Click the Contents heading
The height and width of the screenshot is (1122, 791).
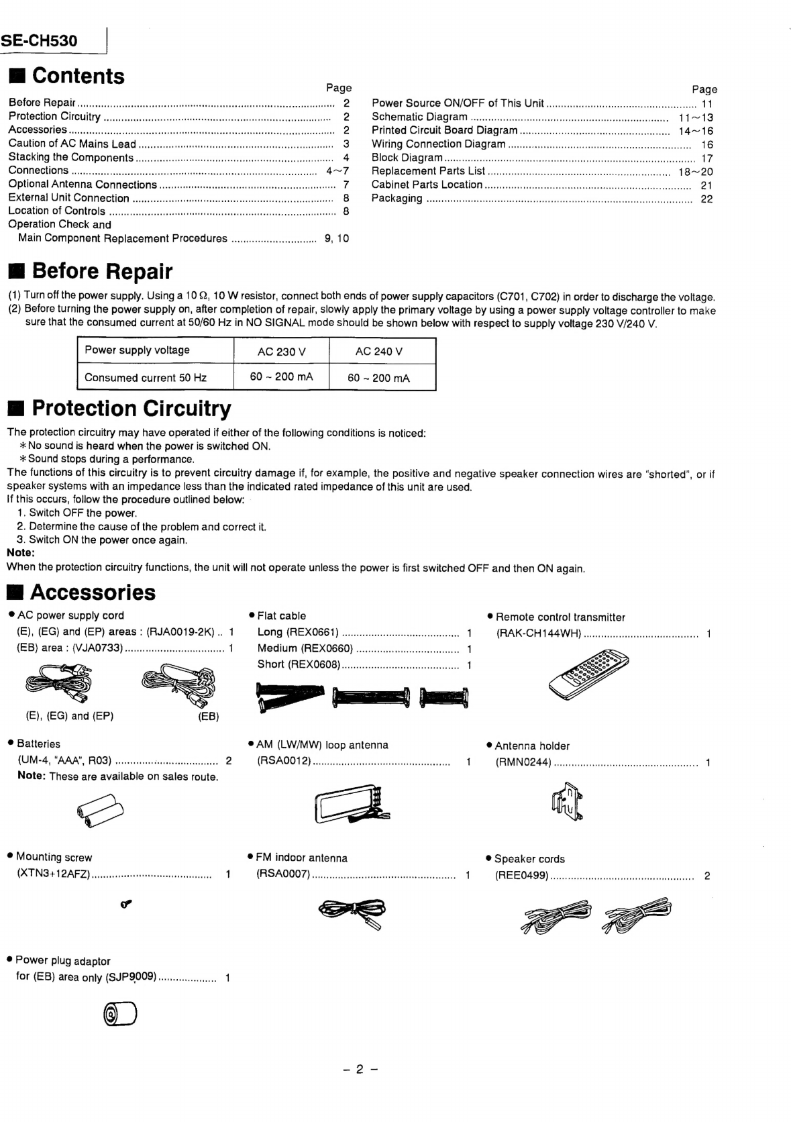(78, 76)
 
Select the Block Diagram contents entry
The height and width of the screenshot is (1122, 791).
(407, 158)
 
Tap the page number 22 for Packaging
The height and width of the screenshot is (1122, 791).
(706, 199)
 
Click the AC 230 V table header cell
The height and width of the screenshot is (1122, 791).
(281, 351)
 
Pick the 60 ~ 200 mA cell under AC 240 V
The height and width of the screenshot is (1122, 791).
(378, 378)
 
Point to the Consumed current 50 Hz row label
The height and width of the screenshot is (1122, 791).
(146, 377)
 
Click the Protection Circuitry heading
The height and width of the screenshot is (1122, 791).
(131, 408)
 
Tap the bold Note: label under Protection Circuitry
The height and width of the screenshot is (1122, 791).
(20, 553)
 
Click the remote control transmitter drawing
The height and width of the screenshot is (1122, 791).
(588, 674)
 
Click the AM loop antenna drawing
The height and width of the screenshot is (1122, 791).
(348, 803)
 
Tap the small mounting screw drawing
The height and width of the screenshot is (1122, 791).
(125, 905)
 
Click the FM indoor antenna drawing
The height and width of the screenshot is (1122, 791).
(353, 912)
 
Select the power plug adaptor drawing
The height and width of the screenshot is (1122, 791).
(121, 1014)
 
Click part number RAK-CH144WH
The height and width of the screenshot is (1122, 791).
(539, 633)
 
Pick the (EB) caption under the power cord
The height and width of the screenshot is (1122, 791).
(208, 716)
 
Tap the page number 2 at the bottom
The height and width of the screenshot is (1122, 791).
(359, 1069)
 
